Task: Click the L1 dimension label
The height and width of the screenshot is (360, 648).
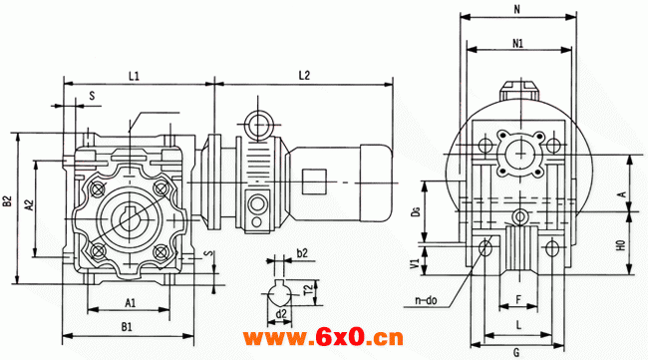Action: click(134, 76)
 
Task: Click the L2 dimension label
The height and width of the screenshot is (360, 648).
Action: click(304, 75)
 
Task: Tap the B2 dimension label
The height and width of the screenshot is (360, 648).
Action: click(7, 201)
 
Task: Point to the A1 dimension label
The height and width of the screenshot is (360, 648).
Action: click(131, 303)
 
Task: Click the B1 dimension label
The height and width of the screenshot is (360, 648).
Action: click(127, 327)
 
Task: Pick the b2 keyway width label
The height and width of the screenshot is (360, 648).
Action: click(302, 252)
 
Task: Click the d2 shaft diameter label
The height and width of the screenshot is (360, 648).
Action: click(281, 314)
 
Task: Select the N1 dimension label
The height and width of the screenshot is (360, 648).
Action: click(517, 43)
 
